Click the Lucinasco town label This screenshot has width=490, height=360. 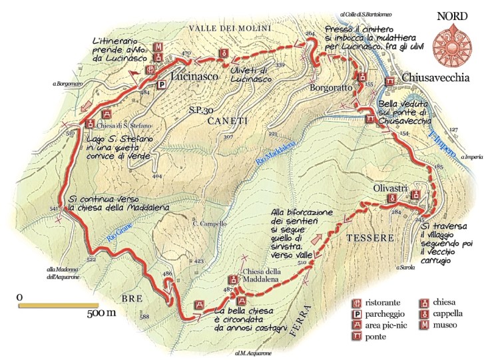pos(195,77)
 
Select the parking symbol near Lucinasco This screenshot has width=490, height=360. pos(160,85)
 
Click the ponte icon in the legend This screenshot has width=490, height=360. pos(359,337)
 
